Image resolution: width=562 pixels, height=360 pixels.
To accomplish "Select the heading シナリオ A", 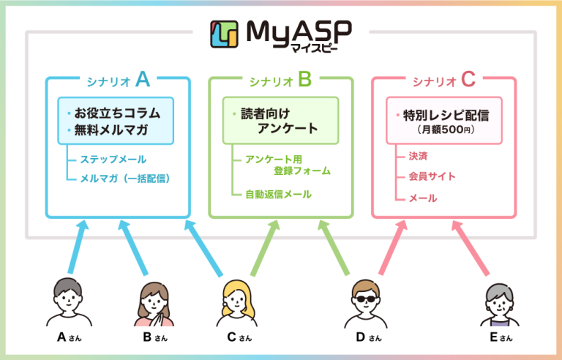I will click(x=118, y=78).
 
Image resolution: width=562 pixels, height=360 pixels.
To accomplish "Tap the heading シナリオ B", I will click(x=281, y=78).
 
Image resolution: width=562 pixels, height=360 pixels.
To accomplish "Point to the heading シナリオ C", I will click(x=443, y=78).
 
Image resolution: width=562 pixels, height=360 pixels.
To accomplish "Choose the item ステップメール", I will click(x=113, y=159).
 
